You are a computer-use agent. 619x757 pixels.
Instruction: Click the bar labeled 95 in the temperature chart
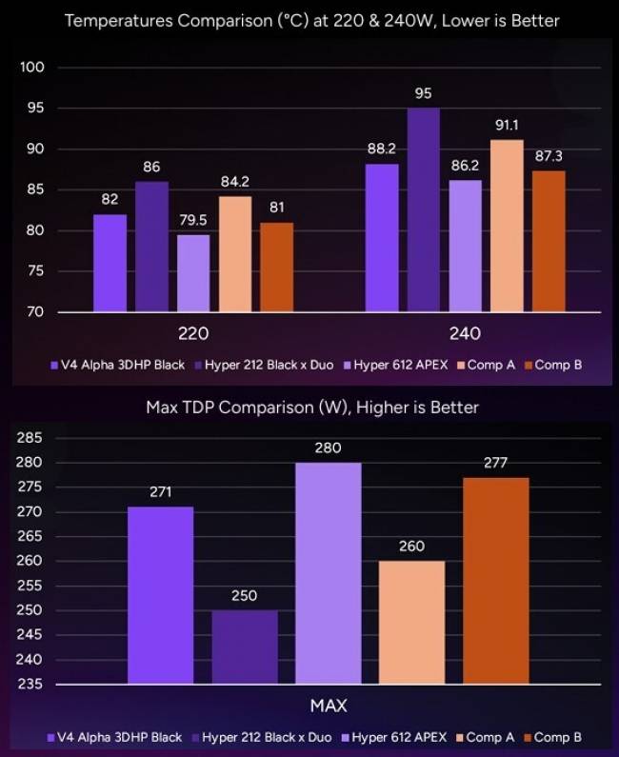[424, 209]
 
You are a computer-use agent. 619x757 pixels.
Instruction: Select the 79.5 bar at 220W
[193, 273]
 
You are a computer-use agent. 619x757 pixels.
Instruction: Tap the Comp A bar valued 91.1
[507, 226]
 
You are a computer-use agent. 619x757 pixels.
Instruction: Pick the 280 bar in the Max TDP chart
[329, 572]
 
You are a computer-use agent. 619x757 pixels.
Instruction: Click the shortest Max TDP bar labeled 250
[245, 647]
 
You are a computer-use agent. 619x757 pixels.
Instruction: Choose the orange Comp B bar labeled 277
[495, 580]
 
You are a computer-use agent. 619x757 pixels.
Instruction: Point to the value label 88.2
[382, 148]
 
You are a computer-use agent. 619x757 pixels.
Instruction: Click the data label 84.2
[235, 180]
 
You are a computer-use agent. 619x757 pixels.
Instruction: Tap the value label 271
[160, 491]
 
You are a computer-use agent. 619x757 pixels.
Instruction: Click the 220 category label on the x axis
[193, 333]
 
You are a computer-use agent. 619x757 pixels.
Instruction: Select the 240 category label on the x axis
[465, 333]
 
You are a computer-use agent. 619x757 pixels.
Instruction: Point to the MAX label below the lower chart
[328, 706]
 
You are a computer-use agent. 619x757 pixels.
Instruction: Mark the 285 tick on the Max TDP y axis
[30, 438]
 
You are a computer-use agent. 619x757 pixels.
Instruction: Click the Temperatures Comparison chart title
[311, 20]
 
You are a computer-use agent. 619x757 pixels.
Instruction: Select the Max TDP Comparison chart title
[311, 408]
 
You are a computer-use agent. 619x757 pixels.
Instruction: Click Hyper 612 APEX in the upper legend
[400, 365]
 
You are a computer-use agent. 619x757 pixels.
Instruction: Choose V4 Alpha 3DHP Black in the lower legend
[119, 737]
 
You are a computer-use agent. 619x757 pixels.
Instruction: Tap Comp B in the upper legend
[558, 365]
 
